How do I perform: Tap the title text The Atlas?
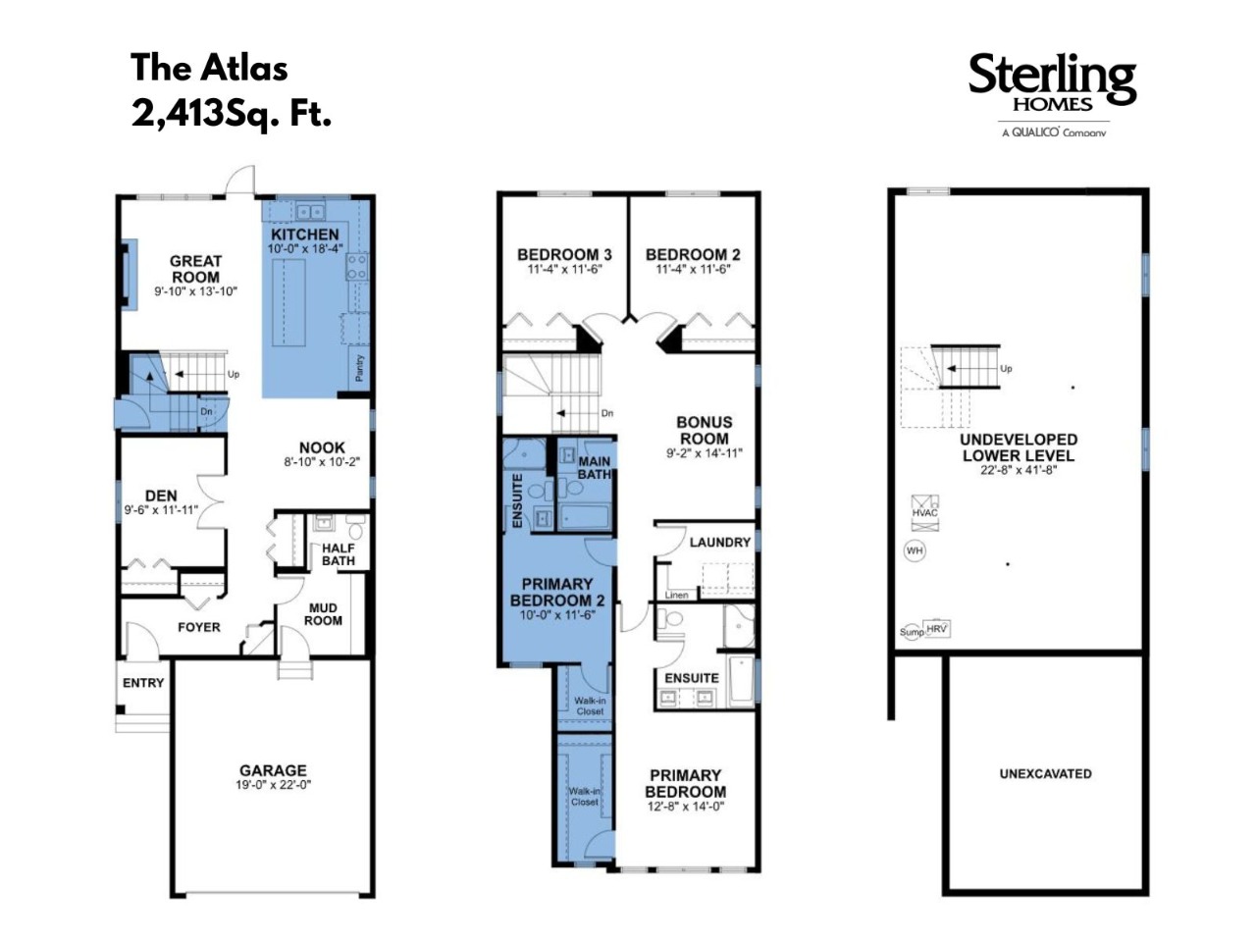pyautogui.click(x=209, y=68)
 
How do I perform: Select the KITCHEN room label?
pyautogui.click(x=304, y=234)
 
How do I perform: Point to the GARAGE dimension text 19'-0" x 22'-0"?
pyautogui.click(x=273, y=785)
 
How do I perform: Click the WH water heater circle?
pyautogui.click(x=915, y=550)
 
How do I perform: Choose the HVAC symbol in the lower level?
pyautogui.click(x=924, y=512)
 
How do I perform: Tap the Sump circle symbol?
pyautogui.click(x=912, y=632)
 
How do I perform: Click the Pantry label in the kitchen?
pyautogui.click(x=359, y=367)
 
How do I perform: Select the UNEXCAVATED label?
pyautogui.click(x=1045, y=773)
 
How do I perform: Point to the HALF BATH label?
pyautogui.click(x=339, y=554)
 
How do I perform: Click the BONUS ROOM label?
pyautogui.click(x=704, y=430)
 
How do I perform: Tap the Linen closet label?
pyautogui.click(x=676, y=595)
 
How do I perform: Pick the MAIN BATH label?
pyautogui.click(x=594, y=467)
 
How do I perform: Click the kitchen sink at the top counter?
pyautogui.click(x=310, y=212)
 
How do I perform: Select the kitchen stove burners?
pyautogui.click(x=356, y=268)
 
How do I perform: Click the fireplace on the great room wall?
pyautogui.click(x=129, y=275)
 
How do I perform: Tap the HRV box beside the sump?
pyautogui.click(x=937, y=628)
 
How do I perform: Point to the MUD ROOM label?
pyautogui.click(x=323, y=613)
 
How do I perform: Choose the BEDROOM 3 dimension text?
pyautogui.click(x=564, y=269)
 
